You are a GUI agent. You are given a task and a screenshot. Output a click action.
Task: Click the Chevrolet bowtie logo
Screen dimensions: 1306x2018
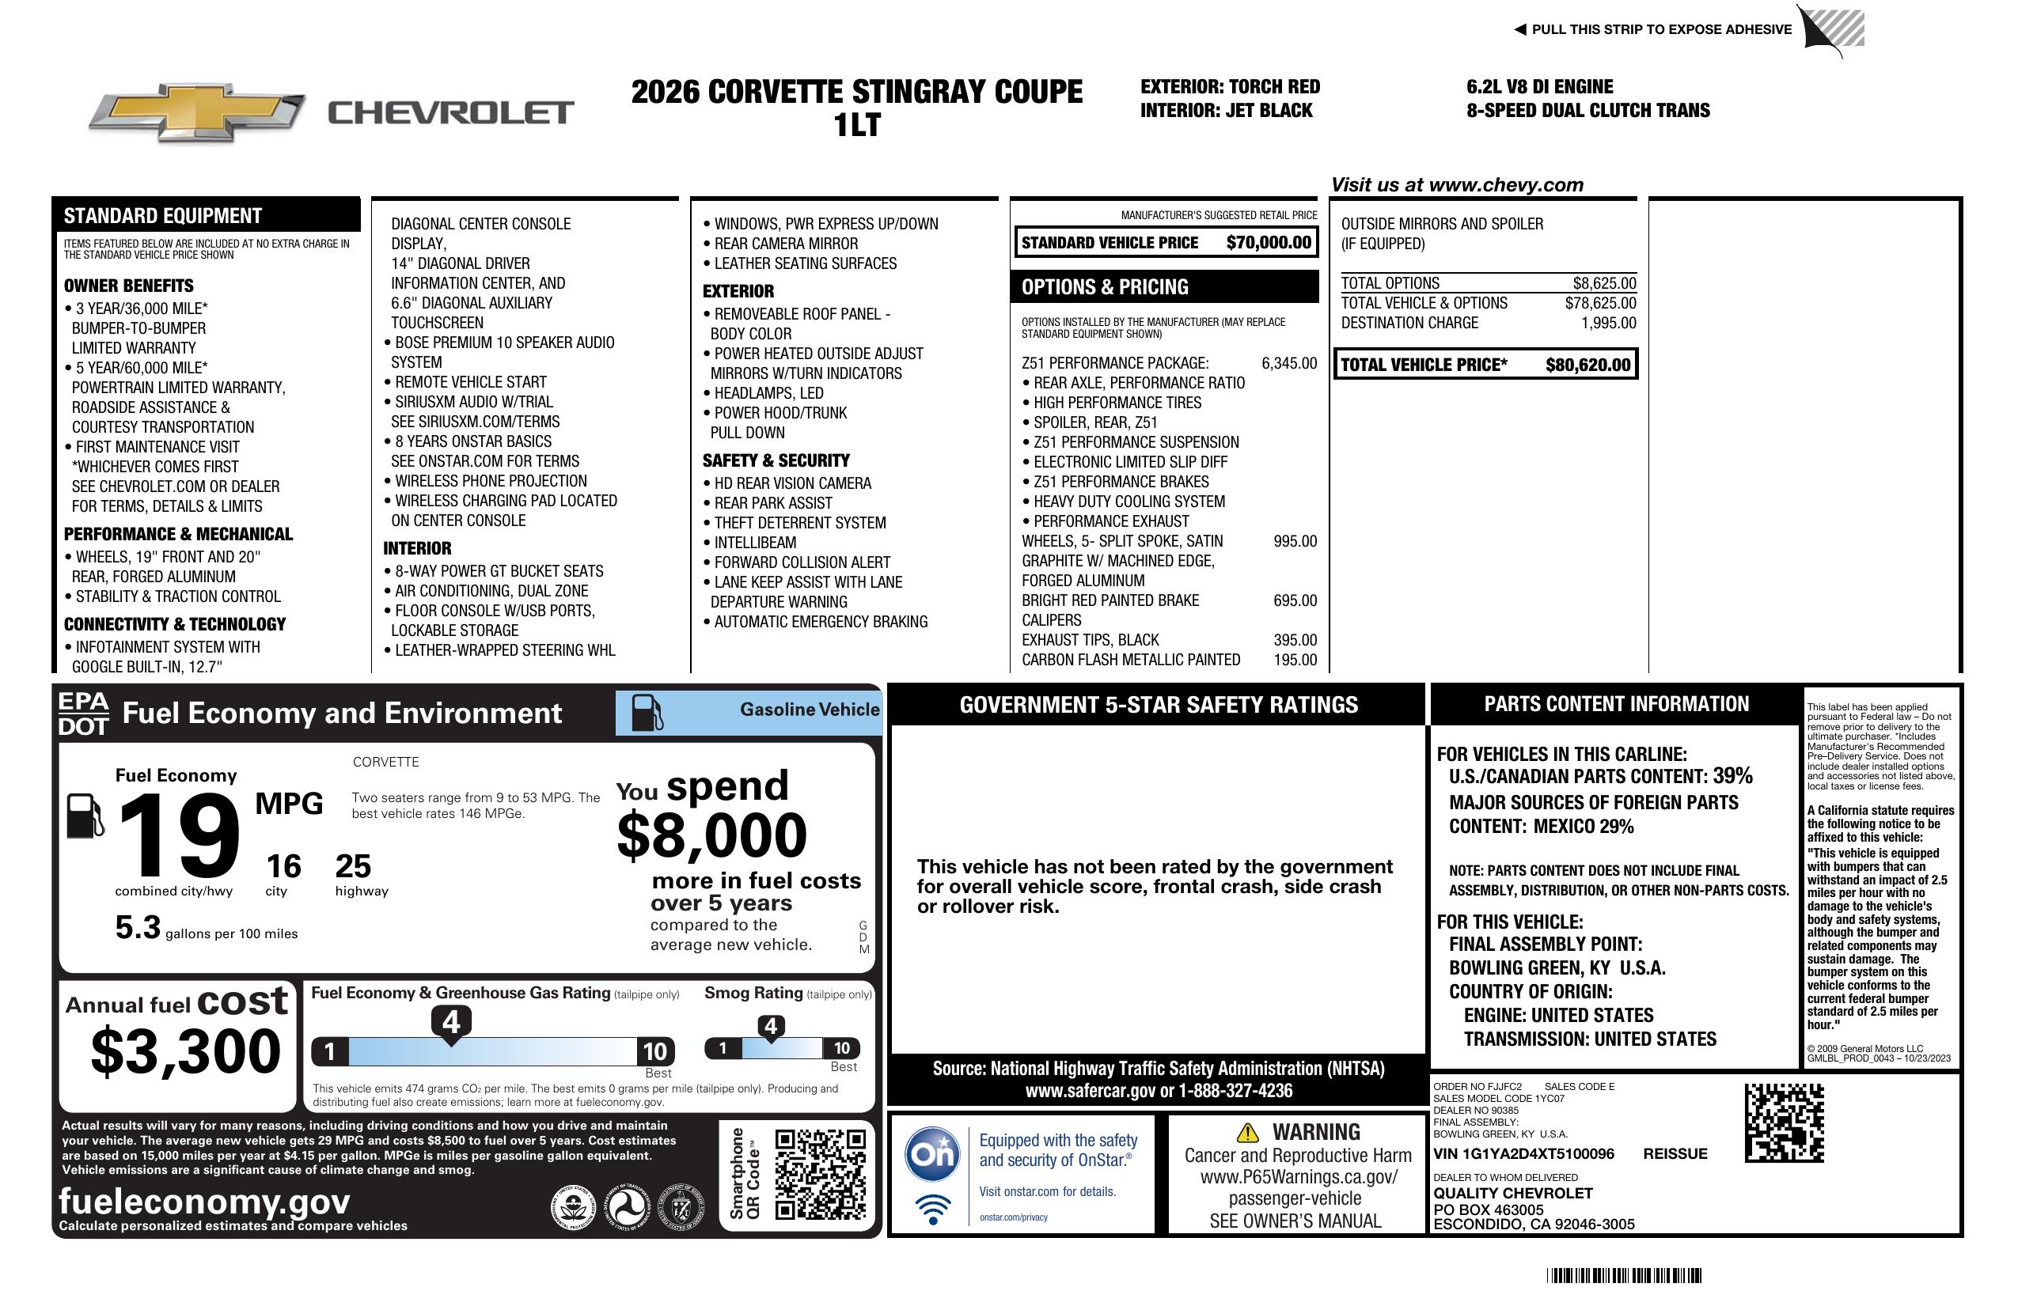coord(197,112)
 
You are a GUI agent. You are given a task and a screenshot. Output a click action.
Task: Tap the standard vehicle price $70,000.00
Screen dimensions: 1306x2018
coord(1268,243)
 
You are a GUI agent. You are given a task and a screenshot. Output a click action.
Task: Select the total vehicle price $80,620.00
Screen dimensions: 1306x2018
coord(1587,365)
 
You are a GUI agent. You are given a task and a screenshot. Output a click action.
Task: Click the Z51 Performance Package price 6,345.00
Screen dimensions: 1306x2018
coord(1289,364)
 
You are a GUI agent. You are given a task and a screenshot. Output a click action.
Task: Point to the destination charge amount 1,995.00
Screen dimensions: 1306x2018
coord(1608,323)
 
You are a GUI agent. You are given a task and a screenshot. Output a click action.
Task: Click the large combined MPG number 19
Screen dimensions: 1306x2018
coord(179,835)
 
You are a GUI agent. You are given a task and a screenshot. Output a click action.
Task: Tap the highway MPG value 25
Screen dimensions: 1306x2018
coord(353,866)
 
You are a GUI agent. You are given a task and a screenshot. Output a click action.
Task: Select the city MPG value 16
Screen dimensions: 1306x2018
coord(283,866)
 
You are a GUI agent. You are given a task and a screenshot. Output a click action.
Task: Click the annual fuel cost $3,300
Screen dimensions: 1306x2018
coord(185,1052)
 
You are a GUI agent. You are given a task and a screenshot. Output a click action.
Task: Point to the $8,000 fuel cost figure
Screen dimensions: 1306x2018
coord(711,835)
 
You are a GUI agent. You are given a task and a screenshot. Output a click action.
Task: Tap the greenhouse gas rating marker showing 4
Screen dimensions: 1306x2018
coord(451,1022)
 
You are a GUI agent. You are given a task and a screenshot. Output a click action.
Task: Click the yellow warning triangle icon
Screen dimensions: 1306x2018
coord(1247,1132)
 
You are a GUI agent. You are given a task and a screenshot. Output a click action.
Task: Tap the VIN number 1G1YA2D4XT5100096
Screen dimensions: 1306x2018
coord(1523,1154)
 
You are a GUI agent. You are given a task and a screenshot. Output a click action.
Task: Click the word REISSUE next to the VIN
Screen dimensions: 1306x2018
coord(1675,1154)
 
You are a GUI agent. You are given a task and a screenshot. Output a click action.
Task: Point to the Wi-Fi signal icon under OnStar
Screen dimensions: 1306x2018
coord(933,1209)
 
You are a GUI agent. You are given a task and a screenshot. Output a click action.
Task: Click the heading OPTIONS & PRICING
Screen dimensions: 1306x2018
coord(1104,287)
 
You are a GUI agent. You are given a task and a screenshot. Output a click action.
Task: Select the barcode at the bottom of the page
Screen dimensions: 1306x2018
coord(1623,1275)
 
